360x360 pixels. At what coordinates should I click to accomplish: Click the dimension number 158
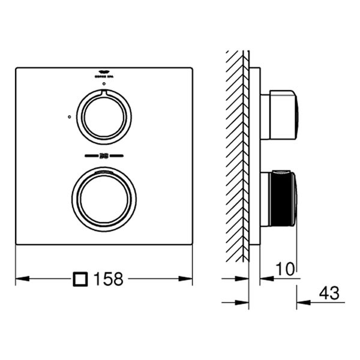click(109, 279)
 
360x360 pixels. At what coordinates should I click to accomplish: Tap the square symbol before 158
click(80, 279)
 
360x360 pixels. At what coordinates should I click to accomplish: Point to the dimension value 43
click(329, 293)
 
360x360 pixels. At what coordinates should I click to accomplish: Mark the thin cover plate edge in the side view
click(254, 156)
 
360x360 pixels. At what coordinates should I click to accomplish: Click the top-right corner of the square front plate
click(192, 68)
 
